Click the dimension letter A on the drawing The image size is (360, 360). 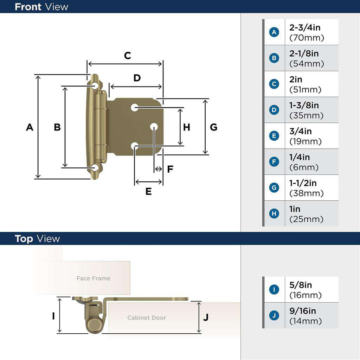pyautogui.click(x=30, y=127)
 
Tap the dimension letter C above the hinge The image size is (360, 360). pyautogui.click(x=128, y=56)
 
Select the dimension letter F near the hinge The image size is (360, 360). pyautogui.click(x=170, y=169)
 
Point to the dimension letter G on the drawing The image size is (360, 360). pyautogui.click(x=213, y=127)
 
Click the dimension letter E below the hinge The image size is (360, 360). pyautogui.click(x=148, y=192)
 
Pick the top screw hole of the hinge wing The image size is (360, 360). pyautogui.click(x=95, y=85)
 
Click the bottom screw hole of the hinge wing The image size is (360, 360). pyautogui.click(x=95, y=168)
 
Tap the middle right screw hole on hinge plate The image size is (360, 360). pyautogui.click(x=154, y=127)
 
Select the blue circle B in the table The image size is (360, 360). pyautogui.click(x=274, y=58)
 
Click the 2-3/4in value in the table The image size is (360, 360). pyautogui.click(x=305, y=27)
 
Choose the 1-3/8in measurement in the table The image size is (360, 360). pyautogui.click(x=304, y=105)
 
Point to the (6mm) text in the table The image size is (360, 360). pyautogui.click(x=304, y=167)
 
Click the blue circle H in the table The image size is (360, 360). pyautogui.click(x=274, y=213)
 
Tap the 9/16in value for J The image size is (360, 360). pyautogui.click(x=302, y=311)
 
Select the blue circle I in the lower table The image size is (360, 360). pyautogui.click(x=274, y=290)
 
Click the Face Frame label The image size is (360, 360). pyautogui.click(x=93, y=278)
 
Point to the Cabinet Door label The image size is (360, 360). pyautogui.click(x=147, y=318)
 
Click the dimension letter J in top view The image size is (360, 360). pyautogui.click(x=206, y=317)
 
